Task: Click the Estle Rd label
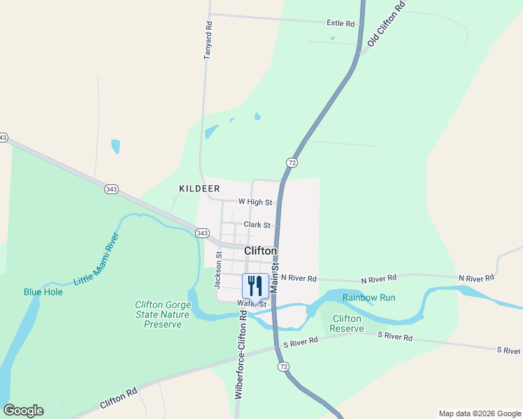(341, 23)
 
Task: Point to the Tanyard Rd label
(207, 40)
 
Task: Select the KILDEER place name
(199, 189)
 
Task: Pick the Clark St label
(257, 225)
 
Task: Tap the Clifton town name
(260, 251)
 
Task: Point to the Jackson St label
(218, 270)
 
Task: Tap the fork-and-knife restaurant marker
(255, 285)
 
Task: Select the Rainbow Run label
(368, 297)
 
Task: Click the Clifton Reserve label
(346, 323)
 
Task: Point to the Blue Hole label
(43, 292)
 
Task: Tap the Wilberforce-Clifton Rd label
(240, 354)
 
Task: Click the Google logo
(23, 411)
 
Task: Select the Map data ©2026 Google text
(479, 413)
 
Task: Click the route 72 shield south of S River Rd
(282, 367)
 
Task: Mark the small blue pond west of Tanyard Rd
(115, 146)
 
